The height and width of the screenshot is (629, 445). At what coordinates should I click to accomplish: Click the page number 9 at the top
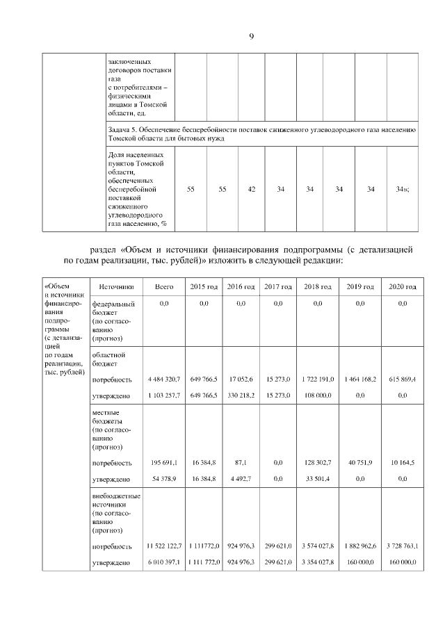(251, 36)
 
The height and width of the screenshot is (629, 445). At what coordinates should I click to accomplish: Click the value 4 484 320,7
(164, 379)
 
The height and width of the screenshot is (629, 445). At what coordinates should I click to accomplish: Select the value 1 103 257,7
(164, 395)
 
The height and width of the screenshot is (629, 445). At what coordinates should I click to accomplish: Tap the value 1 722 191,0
(318, 379)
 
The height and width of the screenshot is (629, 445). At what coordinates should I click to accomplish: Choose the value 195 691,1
(164, 463)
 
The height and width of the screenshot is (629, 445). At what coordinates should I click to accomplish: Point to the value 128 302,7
(318, 463)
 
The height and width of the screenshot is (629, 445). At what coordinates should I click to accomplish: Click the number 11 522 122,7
(164, 546)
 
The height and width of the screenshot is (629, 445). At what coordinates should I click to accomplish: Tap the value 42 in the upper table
(252, 188)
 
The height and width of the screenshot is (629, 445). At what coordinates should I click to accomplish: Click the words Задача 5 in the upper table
(122, 130)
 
